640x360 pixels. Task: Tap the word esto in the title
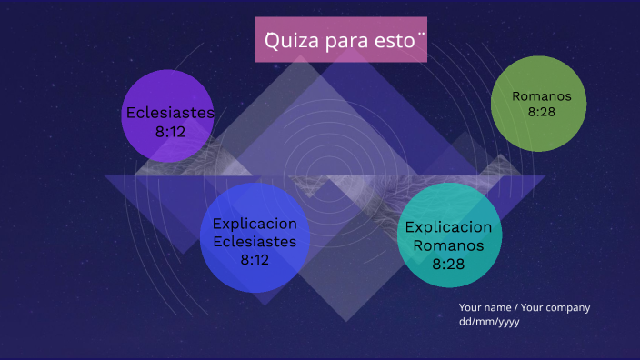point(396,41)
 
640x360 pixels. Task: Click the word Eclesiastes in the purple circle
point(170,113)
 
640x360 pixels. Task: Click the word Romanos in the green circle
point(541,95)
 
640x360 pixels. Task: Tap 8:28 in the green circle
point(541,112)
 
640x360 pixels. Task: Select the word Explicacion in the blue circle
point(255,224)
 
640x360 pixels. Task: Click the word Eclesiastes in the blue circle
point(255,242)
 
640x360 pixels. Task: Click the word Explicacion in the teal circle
point(448,227)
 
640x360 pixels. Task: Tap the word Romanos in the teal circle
point(448,245)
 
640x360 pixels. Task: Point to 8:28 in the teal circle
point(448,264)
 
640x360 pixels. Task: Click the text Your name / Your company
point(525,307)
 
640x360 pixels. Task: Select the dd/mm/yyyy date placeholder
point(489,322)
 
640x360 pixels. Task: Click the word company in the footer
point(568,307)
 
